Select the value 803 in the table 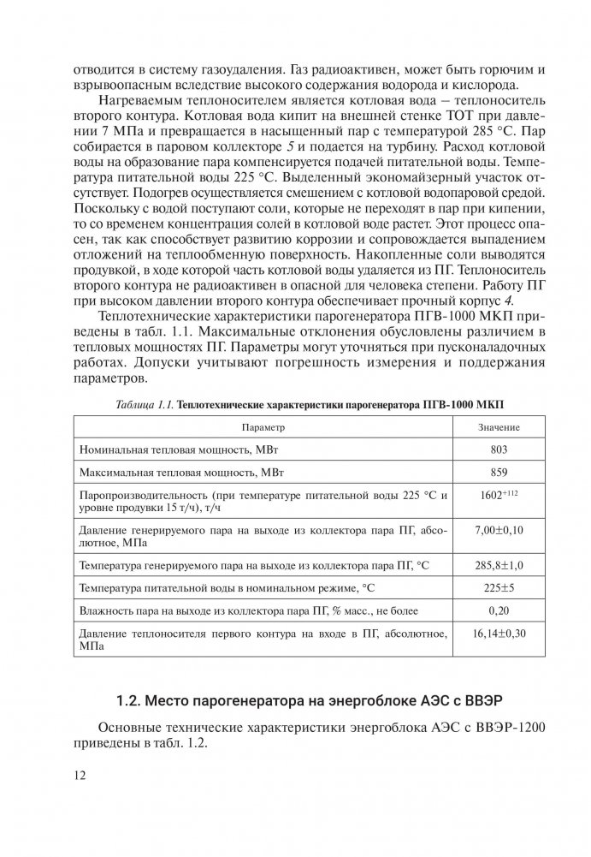499,449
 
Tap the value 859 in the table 499,472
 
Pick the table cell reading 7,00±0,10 499,532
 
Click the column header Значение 499,426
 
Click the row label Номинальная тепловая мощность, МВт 163,449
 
